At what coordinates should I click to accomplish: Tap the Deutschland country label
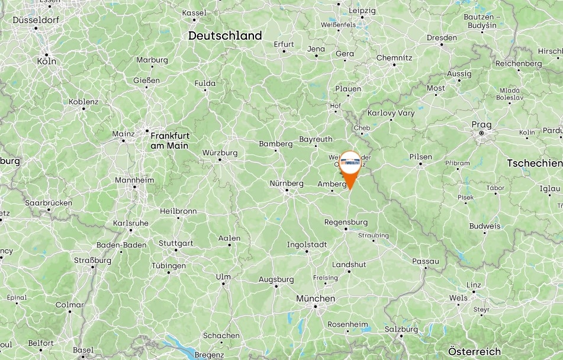(225, 36)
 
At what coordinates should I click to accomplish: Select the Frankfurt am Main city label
(169, 140)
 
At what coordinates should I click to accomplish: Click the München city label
(316, 298)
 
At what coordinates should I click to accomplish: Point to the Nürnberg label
(287, 184)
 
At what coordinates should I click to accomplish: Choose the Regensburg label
(346, 222)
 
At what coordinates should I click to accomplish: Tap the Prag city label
(481, 124)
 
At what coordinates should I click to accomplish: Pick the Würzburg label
(220, 153)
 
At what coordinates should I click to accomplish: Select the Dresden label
(442, 37)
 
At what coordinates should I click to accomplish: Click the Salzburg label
(401, 329)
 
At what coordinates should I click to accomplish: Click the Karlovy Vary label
(391, 112)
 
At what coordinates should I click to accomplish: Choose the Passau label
(426, 261)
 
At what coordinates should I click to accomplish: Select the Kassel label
(194, 12)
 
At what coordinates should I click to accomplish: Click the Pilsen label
(420, 157)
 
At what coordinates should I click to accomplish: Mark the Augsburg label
(276, 279)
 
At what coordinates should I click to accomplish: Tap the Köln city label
(46, 61)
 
